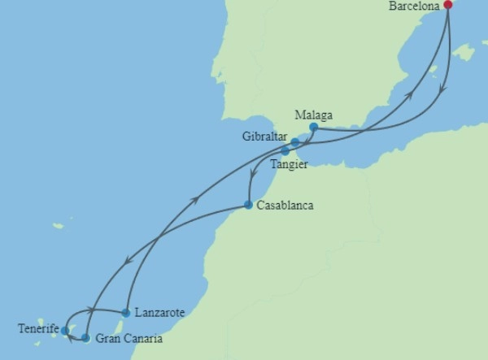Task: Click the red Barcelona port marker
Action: (x=447, y=5)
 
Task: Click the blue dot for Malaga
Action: (x=313, y=127)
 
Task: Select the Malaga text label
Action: (x=314, y=115)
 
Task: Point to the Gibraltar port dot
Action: (x=295, y=142)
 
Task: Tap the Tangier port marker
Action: (x=285, y=151)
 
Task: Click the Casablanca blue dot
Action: (x=248, y=205)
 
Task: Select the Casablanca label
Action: (x=285, y=206)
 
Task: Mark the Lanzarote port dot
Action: (x=125, y=312)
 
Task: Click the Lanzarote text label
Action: (x=160, y=313)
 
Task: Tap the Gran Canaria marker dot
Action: (x=85, y=337)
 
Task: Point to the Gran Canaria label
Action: (x=129, y=339)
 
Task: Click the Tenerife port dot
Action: (x=65, y=331)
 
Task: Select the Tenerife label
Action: (x=38, y=329)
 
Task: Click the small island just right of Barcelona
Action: (x=464, y=53)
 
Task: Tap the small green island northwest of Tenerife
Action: (x=59, y=226)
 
